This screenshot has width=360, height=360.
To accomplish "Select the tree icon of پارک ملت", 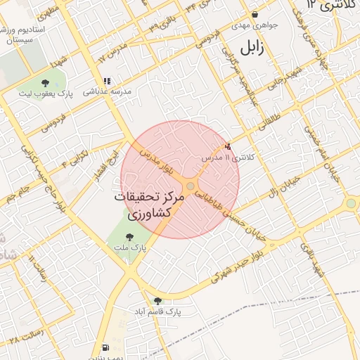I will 129,238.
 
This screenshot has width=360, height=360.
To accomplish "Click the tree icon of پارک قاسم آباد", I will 157,300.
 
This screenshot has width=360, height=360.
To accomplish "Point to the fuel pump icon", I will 105,347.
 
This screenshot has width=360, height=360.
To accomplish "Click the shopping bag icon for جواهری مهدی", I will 255,14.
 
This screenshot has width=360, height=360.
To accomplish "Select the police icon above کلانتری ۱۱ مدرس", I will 226,146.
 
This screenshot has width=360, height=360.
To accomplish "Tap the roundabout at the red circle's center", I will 191,185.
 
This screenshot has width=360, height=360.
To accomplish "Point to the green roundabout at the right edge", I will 350,203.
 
